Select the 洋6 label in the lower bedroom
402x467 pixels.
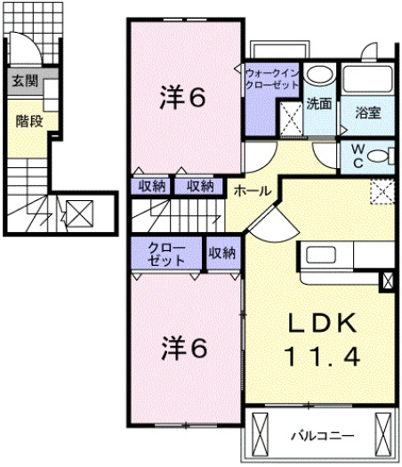click(183, 348)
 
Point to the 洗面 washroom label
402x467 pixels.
click(318, 103)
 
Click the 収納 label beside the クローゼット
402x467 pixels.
click(222, 253)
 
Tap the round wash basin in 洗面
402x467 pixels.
click(321, 75)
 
